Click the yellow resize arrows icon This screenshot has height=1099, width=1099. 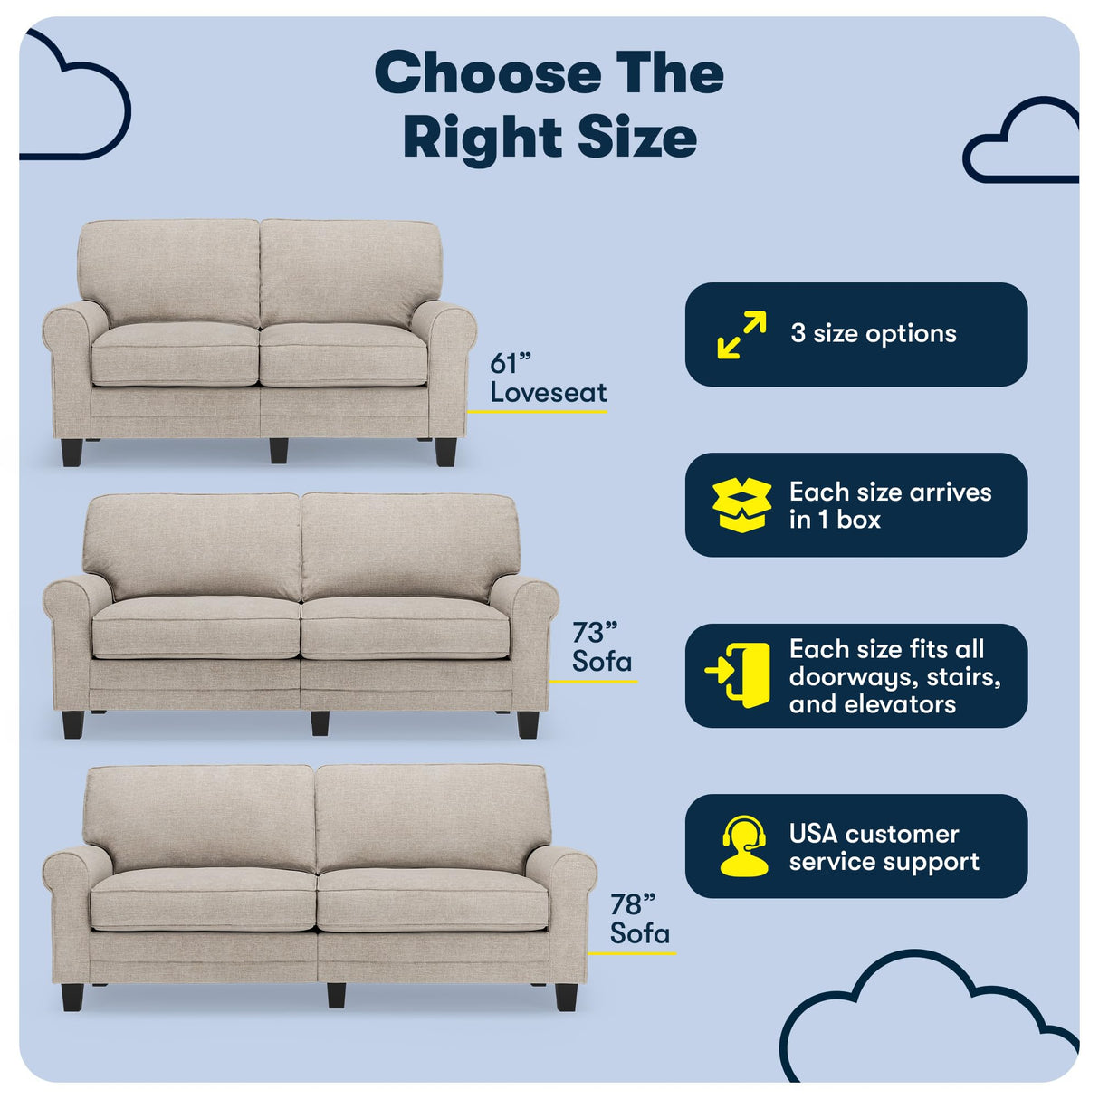(x=741, y=334)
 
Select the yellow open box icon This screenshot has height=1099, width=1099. (x=741, y=505)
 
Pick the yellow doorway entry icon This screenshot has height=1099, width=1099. (x=738, y=675)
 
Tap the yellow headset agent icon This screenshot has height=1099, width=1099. (x=743, y=846)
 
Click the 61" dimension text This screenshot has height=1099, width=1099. (x=511, y=364)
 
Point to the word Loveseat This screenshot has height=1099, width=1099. (x=549, y=393)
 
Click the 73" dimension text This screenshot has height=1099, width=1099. (x=594, y=632)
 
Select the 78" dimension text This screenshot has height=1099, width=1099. (x=632, y=903)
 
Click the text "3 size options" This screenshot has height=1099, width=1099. (x=873, y=334)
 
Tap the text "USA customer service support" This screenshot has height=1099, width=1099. (x=884, y=847)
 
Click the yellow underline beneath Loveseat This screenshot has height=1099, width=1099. (x=538, y=412)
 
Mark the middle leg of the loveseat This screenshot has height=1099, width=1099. (x=279, y=451)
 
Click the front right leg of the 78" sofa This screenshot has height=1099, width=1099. (x=567, y=996)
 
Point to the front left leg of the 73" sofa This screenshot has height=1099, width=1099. (x=73, y=724)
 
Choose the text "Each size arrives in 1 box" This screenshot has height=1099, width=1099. (x=890, y=505)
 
